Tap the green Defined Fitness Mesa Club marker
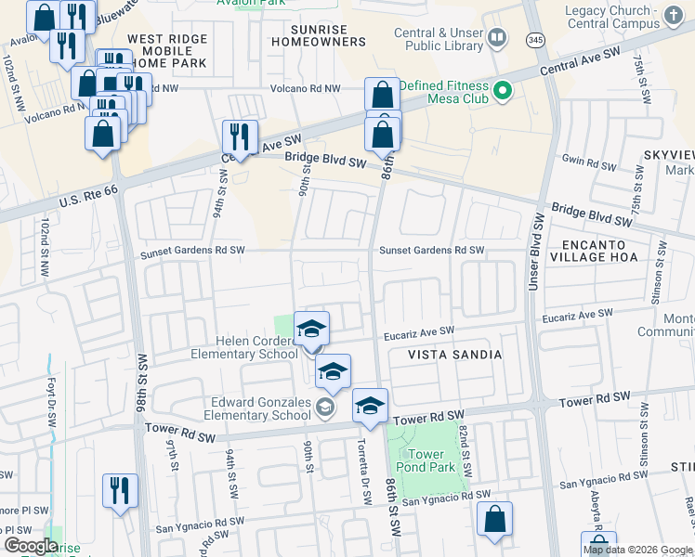point(503,90)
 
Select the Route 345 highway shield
point(534,40)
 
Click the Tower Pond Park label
point(426,460)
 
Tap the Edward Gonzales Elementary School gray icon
point(324,407)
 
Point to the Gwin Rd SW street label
point(588,162)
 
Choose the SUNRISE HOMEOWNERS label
point(316,35)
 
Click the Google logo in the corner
point(30,545)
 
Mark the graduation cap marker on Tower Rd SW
point(370,407)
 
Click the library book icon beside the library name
point(498,37)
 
